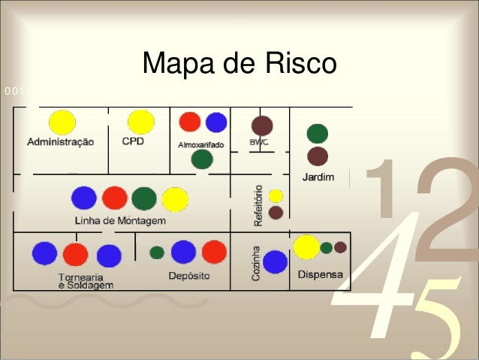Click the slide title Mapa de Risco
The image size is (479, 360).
coord(239,65)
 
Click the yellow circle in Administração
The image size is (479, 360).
coord(62,123)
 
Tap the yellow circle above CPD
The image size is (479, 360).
coord(140,121)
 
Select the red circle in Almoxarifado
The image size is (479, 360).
coord(190,122)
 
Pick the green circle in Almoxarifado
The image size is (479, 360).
coord(201,159)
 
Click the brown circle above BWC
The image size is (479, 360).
coord(262,126)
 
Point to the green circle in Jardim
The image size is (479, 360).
coord(318,133)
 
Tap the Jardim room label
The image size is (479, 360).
coord(318,178)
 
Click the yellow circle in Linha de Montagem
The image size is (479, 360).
coord(175,199)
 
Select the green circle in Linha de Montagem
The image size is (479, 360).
coord(144,198)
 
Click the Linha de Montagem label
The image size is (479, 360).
coord(120,221)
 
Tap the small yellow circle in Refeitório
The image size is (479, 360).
coord(276,196)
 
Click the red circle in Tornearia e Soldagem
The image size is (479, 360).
coord(75,255)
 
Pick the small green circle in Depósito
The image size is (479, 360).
coord(157,253)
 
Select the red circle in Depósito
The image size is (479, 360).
coord(214,252)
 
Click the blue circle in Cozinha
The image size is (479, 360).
coord(276,262)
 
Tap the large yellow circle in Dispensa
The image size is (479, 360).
coord(306,247)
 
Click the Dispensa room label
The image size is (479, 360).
coord(321,274)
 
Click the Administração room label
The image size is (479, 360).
coord(61,141)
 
